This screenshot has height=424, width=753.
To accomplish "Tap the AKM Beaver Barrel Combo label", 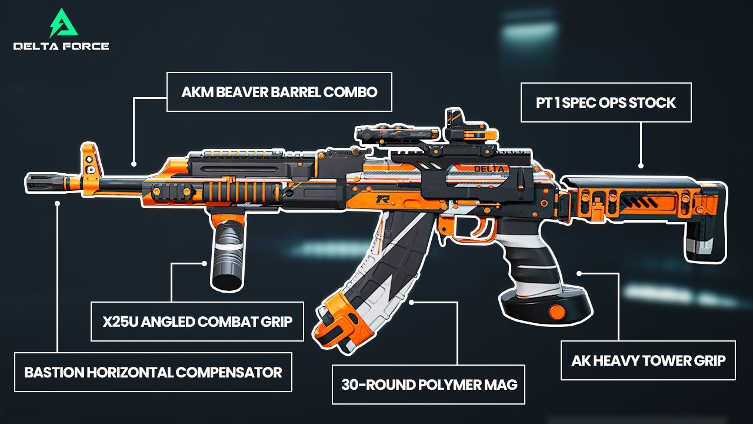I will [279, 92].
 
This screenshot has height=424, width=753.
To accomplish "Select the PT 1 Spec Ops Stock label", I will [606, 102].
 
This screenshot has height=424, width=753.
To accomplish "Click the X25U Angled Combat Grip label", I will [197, 322].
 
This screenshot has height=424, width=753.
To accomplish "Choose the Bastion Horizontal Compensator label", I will [153, 372].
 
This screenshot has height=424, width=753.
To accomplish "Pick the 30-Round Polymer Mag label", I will [429, 385].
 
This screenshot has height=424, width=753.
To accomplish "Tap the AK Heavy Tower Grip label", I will [648, 360].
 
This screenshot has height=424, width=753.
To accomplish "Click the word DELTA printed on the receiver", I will [488, 169].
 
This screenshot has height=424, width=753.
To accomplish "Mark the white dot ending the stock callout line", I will [641, 166].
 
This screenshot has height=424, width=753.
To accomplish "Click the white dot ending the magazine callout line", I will [412, 302].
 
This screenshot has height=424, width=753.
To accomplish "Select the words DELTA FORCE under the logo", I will [61, 46].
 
